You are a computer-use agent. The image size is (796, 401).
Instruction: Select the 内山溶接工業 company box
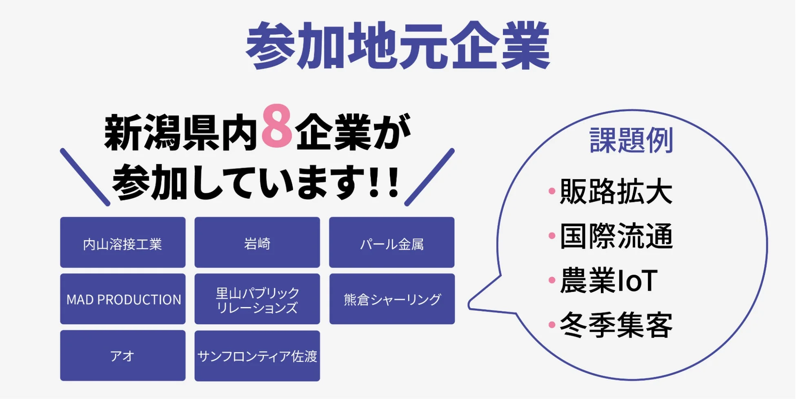(122, 243)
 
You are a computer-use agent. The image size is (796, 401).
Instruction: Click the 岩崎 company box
(257, 243)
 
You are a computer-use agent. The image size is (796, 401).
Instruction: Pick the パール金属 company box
(391, 243)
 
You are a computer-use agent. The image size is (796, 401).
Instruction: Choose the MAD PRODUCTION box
(122, 299)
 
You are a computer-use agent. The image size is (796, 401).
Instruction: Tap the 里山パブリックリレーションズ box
(257, 299)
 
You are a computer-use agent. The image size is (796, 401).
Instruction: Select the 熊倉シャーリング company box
(392, 299)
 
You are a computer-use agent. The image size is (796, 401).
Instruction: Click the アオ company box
(122, 356)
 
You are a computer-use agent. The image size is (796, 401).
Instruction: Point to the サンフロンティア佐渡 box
(257, 356)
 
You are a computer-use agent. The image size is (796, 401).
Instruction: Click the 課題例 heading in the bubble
(631, 140)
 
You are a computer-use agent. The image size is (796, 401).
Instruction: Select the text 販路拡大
(616, 191)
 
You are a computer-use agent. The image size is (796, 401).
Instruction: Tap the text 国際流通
(616, 236)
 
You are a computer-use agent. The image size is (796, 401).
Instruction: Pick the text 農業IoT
(608, 281)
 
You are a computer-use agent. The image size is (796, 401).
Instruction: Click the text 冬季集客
(616, 325)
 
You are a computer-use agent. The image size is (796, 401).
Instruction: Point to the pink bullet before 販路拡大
(552, 191)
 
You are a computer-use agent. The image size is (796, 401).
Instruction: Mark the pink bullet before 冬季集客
(552, 325)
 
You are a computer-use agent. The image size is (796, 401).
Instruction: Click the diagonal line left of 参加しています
(85, 177)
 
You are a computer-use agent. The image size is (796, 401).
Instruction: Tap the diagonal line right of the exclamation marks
(429, 177)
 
